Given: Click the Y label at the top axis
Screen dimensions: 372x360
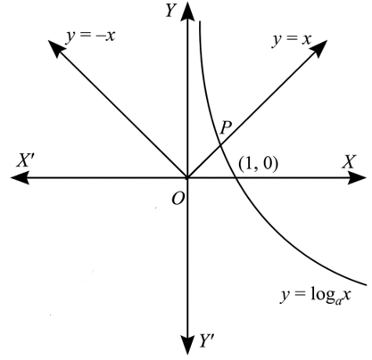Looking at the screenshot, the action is (171, 12).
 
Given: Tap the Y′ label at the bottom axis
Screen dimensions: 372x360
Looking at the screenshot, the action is (206, 340).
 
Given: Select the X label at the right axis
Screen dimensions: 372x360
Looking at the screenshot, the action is (349, 162).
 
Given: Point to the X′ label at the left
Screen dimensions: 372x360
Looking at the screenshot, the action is (26, 160).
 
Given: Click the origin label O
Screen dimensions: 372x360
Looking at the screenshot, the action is (178, 199).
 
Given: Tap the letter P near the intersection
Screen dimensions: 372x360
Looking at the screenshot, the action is (226, 128).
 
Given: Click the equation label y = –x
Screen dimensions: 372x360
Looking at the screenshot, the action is (91, 37).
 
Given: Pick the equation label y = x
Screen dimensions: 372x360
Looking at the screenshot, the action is (292, 40).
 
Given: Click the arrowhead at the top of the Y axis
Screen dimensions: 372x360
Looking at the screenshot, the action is (187, 12).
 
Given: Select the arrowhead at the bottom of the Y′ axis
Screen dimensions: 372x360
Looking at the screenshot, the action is (187, 344).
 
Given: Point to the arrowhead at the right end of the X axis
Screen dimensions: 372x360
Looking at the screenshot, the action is (357, 177).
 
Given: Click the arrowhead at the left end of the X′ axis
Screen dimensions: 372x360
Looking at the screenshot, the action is (21, 177).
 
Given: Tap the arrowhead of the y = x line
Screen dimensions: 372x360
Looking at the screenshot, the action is (319, 48).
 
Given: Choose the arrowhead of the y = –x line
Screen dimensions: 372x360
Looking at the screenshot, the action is (56, 49).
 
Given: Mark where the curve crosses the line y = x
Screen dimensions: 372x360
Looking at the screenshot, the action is (220, 145).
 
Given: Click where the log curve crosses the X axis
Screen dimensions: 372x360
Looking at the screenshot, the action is (235, 177).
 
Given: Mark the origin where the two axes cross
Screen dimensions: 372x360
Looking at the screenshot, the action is (187, 177).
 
